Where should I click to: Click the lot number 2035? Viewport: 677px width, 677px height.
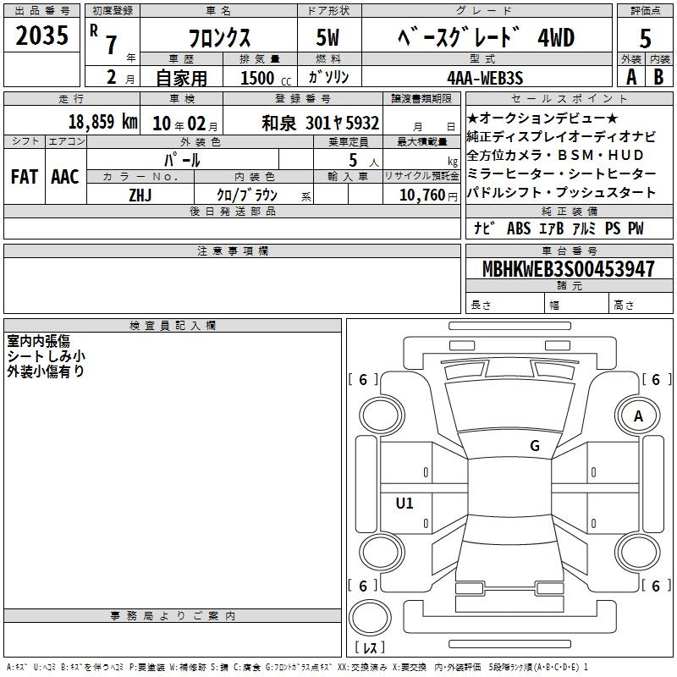[x=41, y=36]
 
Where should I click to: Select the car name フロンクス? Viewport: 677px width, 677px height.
[x=219, y=38]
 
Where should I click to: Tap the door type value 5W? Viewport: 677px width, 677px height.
[x=327, y=37]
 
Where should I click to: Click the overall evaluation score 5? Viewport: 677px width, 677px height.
[x=645, y=39]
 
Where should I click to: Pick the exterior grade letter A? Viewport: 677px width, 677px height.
[x=631, y=77]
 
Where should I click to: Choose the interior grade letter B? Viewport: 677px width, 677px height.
[x=658, y=77]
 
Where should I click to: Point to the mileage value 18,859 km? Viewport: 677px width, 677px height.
[x=103, y=122]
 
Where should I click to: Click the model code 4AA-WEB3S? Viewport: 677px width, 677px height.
[x=485, y=78]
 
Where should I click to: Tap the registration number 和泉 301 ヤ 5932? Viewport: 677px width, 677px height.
[x=321, y=123]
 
